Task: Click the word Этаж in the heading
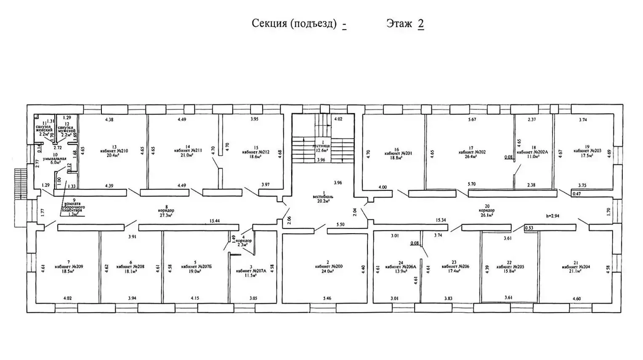point(399,24)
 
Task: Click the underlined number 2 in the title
point(420,24)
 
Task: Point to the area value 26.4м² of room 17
point(470,157)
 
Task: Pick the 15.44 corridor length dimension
point(215,221)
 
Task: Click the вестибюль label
point(323,197)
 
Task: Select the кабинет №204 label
point(575,267)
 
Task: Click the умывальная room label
point(55,158)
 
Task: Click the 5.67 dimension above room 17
point(472,120)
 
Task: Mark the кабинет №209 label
point(69,267)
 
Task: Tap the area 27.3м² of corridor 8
point(167,215)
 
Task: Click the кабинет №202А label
point(532,152)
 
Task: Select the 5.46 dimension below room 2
point(327,298)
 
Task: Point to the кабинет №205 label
point(510,267)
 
